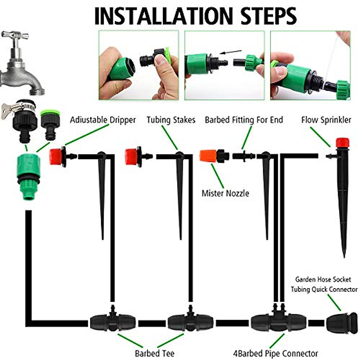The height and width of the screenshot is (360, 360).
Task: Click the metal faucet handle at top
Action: point(15,36)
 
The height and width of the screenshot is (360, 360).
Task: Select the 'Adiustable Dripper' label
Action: point(103,120)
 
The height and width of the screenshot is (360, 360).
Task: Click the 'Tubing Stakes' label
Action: point(171,120)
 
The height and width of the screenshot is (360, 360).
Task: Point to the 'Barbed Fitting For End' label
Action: point(244,120)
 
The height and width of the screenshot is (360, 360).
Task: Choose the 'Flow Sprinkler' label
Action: point(326,120)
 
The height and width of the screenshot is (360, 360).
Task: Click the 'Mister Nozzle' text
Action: point(225,193)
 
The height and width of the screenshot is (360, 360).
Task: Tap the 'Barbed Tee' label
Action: point(154,353)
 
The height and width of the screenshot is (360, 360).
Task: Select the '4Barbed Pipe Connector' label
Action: point(275,353)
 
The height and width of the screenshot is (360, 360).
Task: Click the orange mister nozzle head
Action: point(208,156)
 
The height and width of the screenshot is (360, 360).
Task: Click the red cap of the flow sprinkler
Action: point(342,142)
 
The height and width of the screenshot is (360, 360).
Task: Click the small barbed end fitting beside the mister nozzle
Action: point(243,156)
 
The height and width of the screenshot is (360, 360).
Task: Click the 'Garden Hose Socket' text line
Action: point(323,280)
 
